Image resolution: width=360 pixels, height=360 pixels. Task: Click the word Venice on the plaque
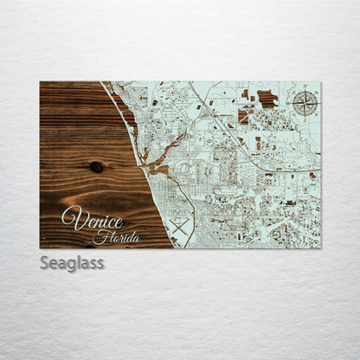pyautogui.click(x=93, y=218)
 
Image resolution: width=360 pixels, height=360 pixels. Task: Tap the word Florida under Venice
pyautogui.click(x=110, y=237)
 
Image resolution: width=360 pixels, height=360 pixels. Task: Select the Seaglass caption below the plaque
pyautogui.click(x=72, y=263)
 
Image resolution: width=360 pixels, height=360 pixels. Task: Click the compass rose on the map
pyautogui.click(x=305, y=104)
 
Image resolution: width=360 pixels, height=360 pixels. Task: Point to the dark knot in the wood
pyautogui.click(x=95, y=167)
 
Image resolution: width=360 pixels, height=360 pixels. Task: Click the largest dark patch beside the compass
pyautogui.click(x=267, y=99)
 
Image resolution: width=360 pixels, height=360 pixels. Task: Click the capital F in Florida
pyautogui.click(x=97, y=236)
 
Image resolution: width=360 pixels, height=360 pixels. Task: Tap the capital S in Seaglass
pyautogui.click(x=45, y=262)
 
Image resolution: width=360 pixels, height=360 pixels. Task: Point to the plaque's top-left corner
pyautogui.click(x=40, y=81)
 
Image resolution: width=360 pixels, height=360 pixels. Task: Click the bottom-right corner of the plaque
pyautogui.click(x=320, y=248)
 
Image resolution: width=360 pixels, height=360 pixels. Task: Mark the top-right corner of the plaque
pyautogui.click(x=320, y=81)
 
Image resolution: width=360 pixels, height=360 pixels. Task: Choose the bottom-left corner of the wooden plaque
pyautogui.click(x=40, y=248)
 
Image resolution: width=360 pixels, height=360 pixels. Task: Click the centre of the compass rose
pyautogui.click(x=305, y=104)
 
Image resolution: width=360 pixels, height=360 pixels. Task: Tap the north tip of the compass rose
pyautogui.click(x=305, y=90)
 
